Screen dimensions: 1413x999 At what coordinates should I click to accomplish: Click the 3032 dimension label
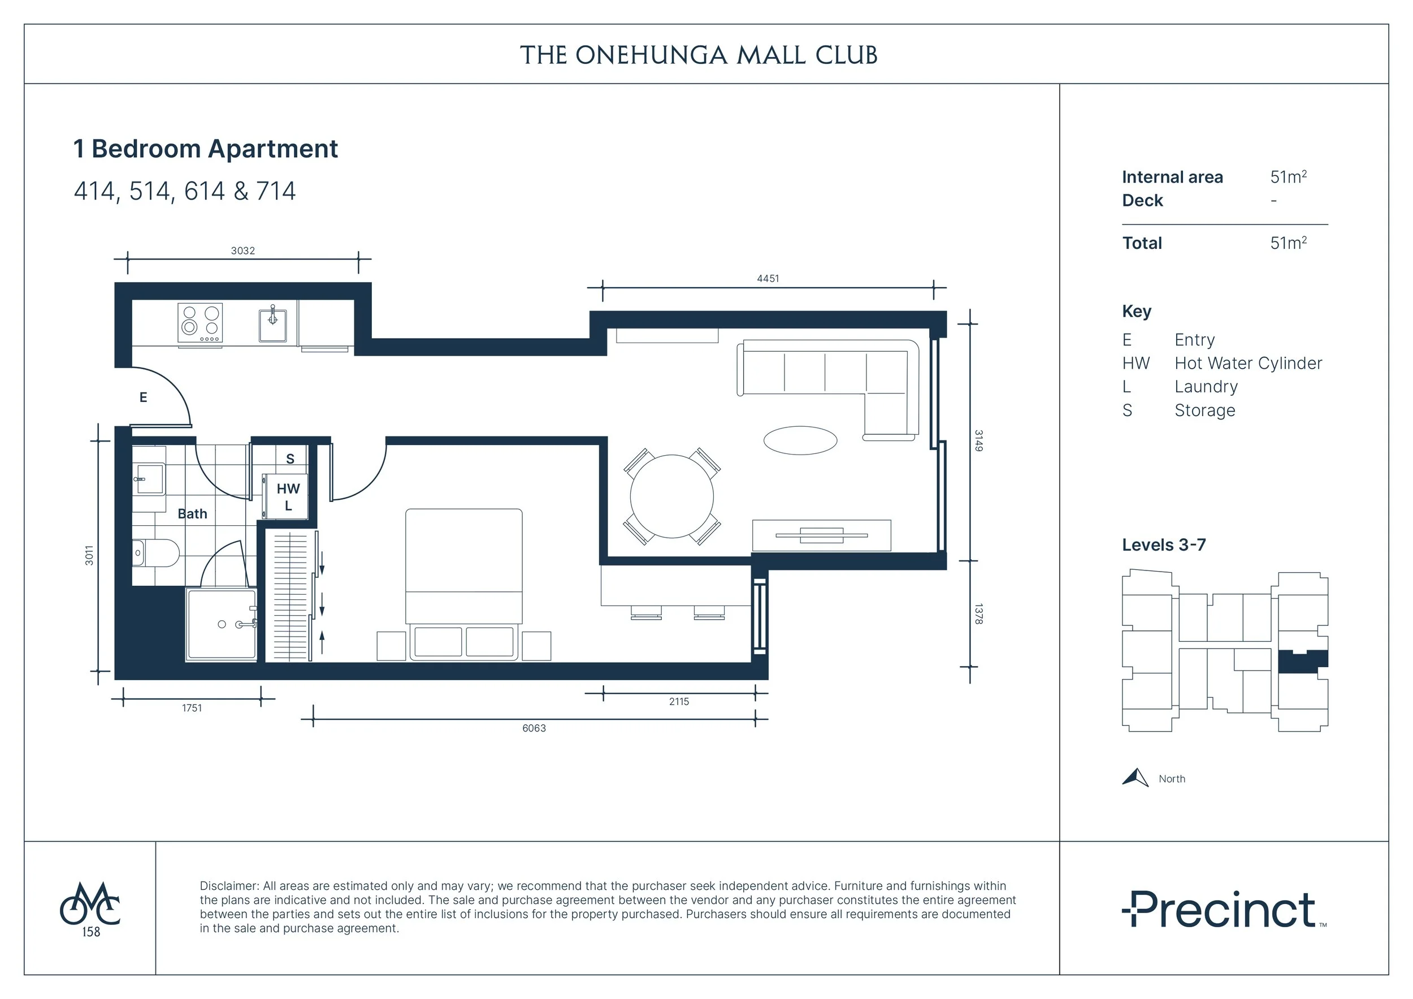242,250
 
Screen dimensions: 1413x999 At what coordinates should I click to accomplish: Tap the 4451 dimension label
768,278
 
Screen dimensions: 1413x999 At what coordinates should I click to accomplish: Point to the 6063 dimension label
534,728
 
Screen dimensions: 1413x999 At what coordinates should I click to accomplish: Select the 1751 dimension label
192,708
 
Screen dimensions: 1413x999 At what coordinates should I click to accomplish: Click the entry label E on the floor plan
144,397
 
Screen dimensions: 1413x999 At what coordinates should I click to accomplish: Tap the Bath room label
193,514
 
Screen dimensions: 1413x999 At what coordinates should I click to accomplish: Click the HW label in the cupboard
288,488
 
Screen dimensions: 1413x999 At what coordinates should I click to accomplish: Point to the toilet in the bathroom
155,553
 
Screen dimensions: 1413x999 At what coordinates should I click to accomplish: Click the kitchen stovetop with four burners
200,322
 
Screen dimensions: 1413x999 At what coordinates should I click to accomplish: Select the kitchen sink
272,325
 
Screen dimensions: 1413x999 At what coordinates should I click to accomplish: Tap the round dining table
671,496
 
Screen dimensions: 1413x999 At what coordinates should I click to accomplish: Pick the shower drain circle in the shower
222,624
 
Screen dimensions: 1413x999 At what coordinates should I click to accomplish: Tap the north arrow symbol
1135,778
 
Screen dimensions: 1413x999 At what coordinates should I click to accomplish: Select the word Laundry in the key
1206,387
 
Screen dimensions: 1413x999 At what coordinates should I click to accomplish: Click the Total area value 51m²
1288,243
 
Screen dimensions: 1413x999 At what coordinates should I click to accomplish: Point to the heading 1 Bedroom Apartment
206,149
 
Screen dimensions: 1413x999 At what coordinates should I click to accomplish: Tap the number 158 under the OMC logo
91,932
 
